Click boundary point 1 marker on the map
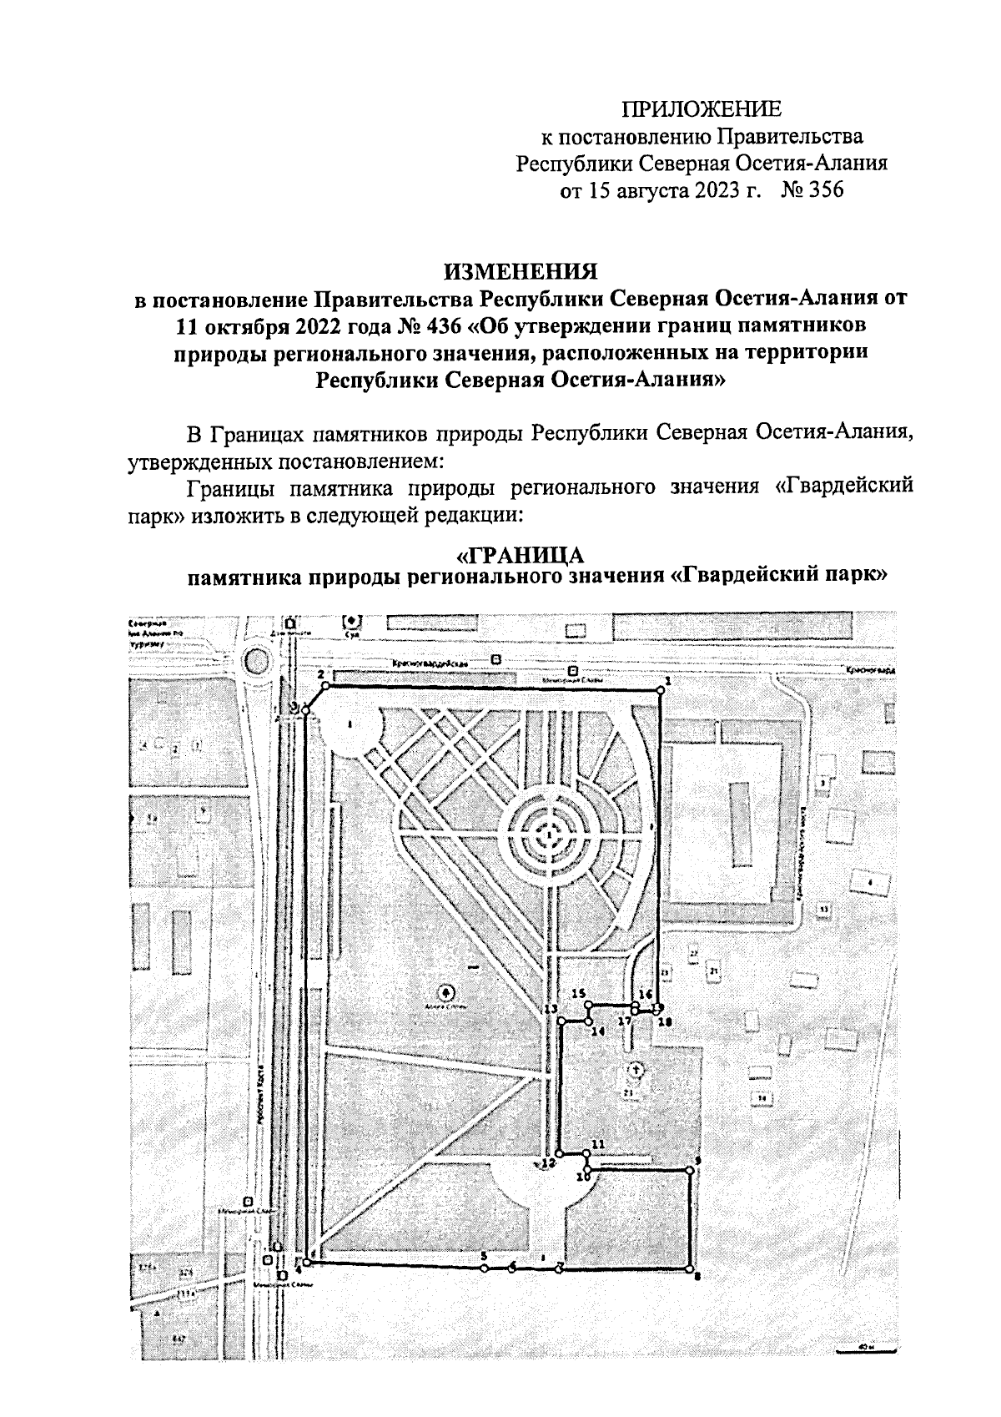(x=659, y=689)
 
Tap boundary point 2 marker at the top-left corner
(x=325, y=686)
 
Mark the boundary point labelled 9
(x=690, y=1171)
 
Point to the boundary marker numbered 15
(x=588, y=1007)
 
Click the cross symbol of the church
(x=635, y=1068)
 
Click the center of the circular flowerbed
(x=549, y=833)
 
